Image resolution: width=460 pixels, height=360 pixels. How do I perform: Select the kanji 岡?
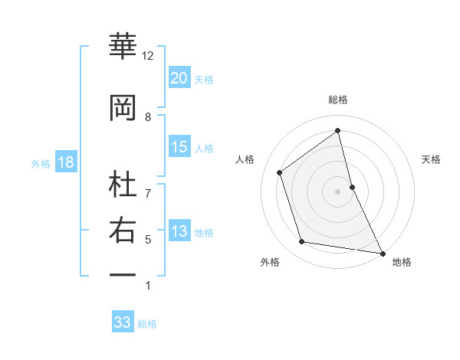(123, 108)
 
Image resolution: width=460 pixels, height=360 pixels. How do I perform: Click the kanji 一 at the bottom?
(123, 273)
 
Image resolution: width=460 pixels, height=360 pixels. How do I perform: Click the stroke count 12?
(148, 56)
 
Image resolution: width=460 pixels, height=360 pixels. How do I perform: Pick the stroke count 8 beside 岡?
(148, 116)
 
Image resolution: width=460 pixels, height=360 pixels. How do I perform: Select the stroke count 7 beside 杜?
(148, 194)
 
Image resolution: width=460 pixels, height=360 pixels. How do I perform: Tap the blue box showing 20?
(179, 78)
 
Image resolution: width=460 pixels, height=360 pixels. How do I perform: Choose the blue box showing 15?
(179, 147)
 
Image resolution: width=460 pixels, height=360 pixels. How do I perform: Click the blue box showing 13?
(179, 232)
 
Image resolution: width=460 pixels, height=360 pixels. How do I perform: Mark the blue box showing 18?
(65, 163)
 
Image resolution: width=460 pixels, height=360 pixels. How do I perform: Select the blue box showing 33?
(122, 322)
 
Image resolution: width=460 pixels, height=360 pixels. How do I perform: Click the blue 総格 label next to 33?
(147, 324)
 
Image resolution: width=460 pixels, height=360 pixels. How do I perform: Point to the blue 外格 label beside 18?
(41, 164)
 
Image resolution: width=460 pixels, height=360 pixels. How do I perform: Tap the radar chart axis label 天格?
(431, 159)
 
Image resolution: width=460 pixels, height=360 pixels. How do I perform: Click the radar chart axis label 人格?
(245, 159)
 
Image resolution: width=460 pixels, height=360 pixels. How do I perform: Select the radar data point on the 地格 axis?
(382, 253)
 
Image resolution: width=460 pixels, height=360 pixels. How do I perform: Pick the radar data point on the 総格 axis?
(337, 131)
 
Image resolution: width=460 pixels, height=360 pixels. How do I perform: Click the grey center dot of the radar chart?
(337, 191)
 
